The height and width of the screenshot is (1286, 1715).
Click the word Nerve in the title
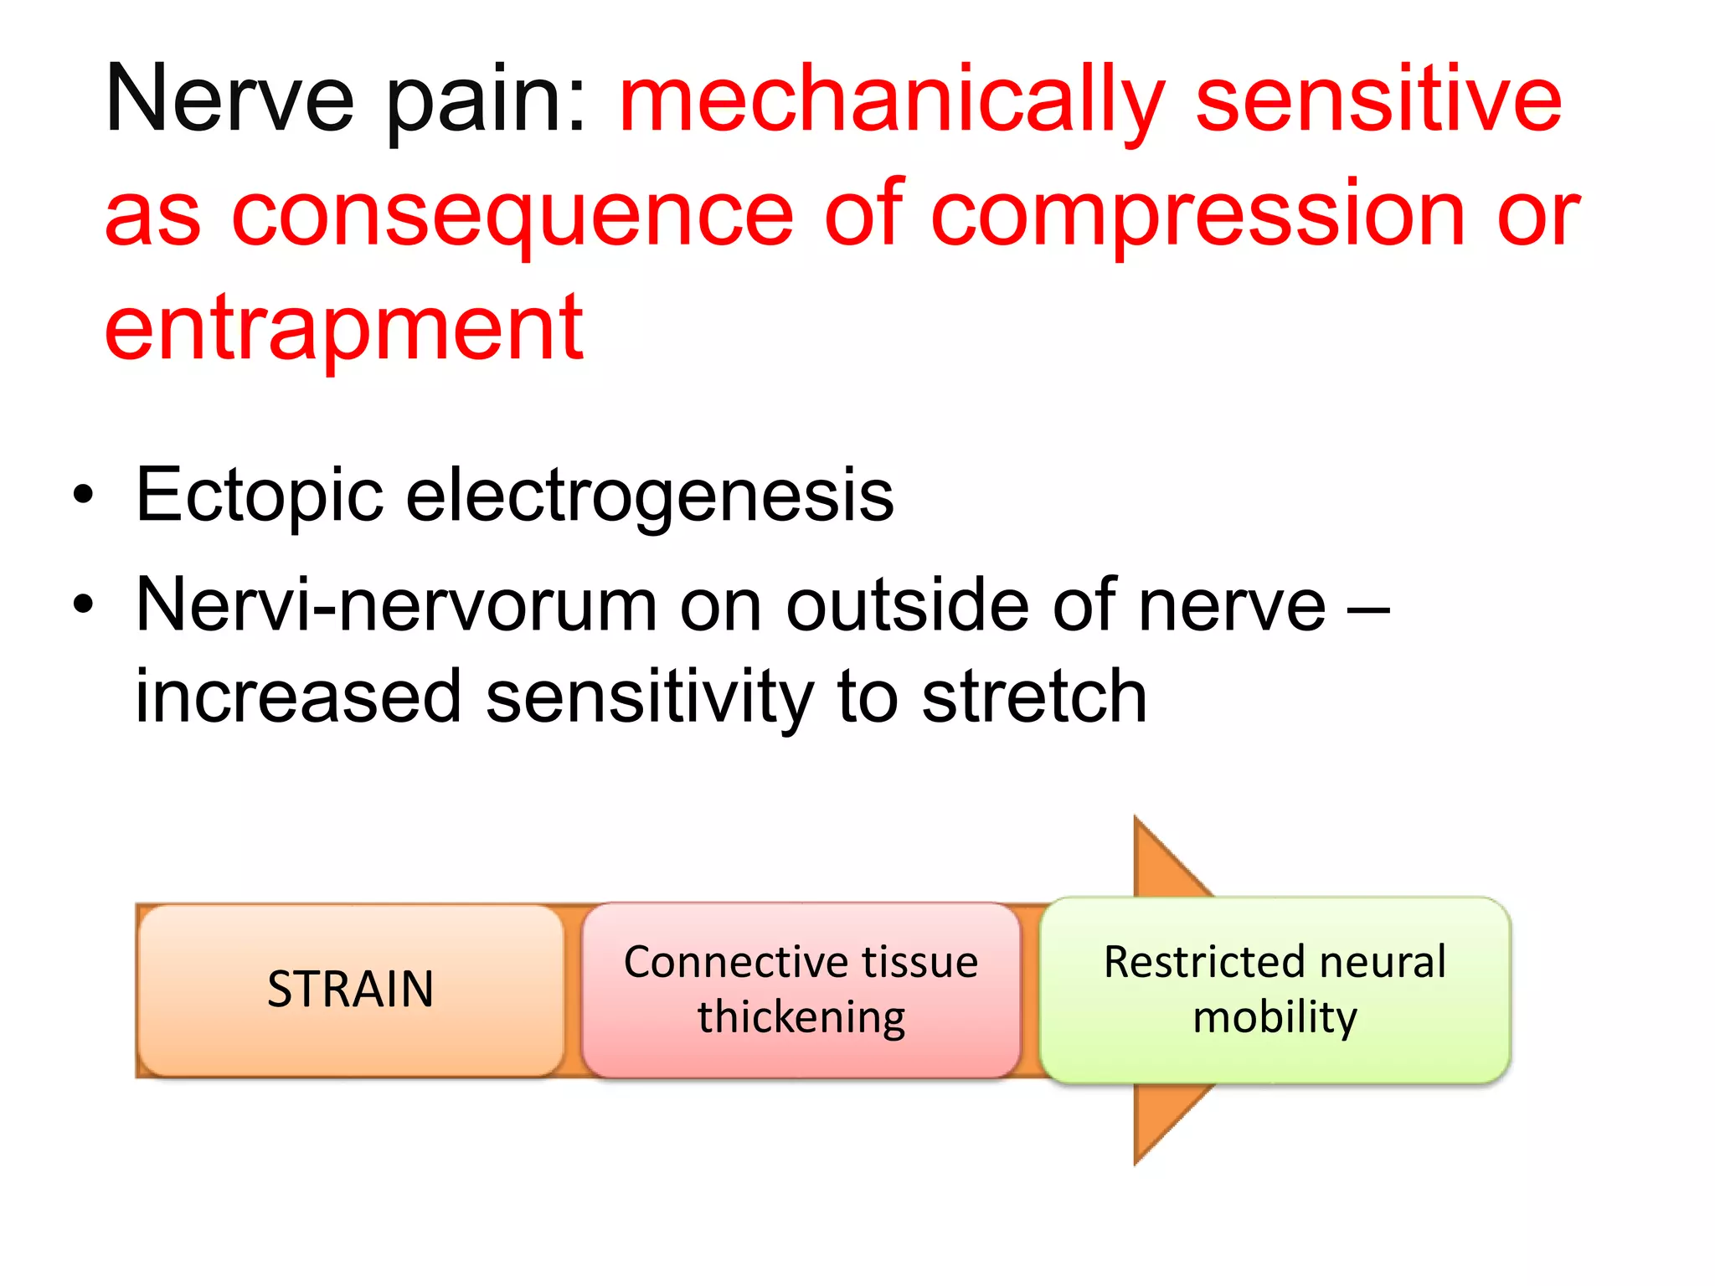click(229, 100)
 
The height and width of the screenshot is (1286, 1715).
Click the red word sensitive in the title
click(1378, 100)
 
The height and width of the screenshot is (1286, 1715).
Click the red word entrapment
click(343, 331)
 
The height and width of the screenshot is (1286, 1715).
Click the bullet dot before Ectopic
click(83, 495)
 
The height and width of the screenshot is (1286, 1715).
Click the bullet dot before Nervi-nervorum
click(83, 604)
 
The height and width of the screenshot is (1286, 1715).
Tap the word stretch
click(1034, 697)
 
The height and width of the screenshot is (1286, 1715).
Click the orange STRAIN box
click(350, 990)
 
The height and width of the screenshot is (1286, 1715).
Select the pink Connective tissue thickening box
click(801, 990)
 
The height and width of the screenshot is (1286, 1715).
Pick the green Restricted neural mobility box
click(1275, 990)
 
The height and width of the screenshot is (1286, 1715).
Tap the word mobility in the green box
click(1275, 1018)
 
